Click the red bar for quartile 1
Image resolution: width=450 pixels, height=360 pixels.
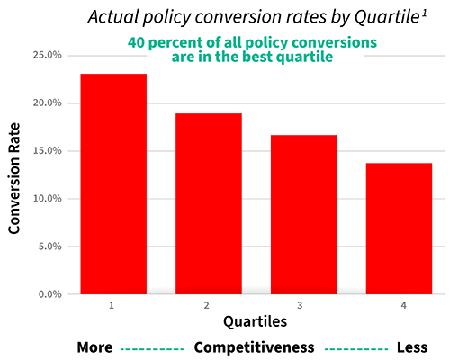point(113,184)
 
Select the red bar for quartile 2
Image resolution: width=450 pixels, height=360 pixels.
point(209,203)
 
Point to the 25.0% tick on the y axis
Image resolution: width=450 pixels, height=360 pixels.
point(47,55)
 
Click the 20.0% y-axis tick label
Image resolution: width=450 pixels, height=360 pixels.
point(47,103)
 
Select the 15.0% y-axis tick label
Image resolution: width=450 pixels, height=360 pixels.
point(47,150)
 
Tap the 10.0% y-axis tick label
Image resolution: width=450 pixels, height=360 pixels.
point(47,198)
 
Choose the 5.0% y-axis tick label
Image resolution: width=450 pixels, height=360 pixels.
point(49,246)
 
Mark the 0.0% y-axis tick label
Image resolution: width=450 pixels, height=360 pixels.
point(49,294)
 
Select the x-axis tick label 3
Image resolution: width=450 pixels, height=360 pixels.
point(304,306)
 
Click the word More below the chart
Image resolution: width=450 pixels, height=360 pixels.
point(95,347)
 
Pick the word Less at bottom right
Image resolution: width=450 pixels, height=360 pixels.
point(411,347)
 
